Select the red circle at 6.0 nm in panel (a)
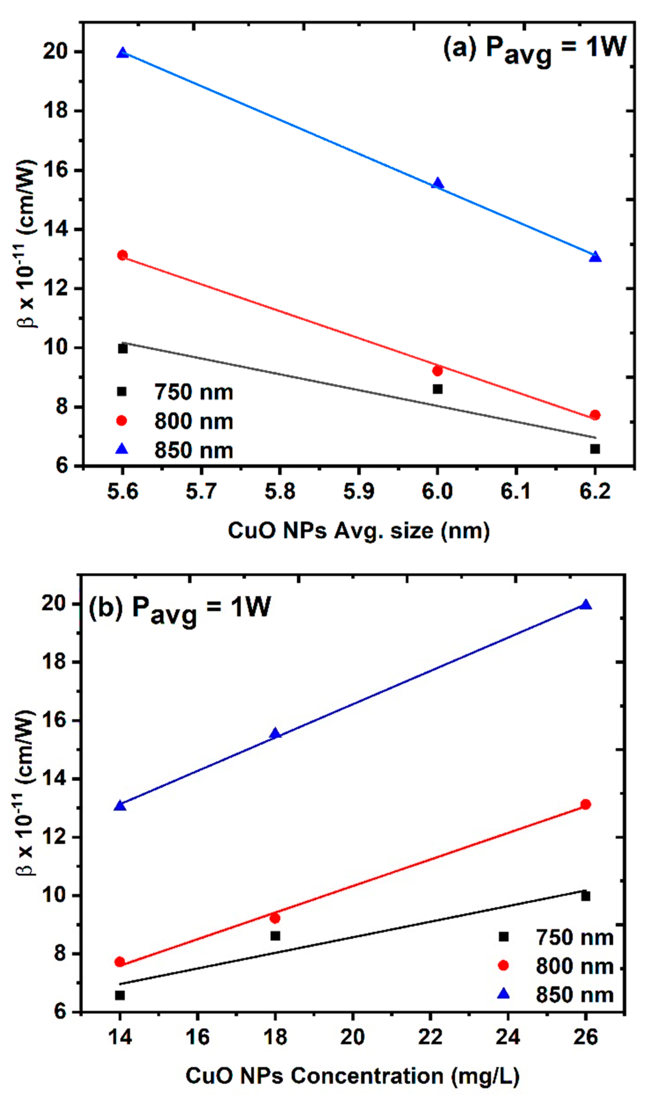pyautogui.click(x=437, y=371)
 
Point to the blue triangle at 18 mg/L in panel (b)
pyautogui.click(x=275, y=734)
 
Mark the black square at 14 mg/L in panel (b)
pyautogui.click(x=120, y=996)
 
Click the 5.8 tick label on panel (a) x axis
pyautogui.click(x=279, y=491)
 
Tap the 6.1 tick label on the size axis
pyautogui.click(x=516, y=491)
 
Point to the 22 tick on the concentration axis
pyautogui.click(x=430, y=1037)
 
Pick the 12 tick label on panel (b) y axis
pyautogui.click(x=54, y=837)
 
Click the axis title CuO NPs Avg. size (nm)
pyautogui.click(x=358, y=531)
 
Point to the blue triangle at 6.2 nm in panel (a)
pyautogui.click(x=595, y=257)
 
